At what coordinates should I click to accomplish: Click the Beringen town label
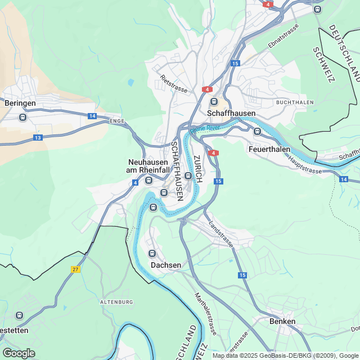coord(20,103)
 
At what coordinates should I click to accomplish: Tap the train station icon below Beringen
coord(22,117)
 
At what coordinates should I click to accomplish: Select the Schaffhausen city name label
coord(231,113)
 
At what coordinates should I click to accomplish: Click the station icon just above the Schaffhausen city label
coord(214,102)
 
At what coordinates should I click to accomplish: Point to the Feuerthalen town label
coord(269,149)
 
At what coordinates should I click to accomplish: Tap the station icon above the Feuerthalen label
coord(257,132)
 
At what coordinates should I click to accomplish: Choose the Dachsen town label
coord(166,265)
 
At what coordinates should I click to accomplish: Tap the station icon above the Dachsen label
coord(152,253)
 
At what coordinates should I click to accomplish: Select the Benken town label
coord(282,321)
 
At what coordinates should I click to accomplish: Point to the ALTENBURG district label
coord(116,302)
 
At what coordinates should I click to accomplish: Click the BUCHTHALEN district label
coord(295,103)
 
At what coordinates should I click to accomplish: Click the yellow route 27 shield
coord(76,269)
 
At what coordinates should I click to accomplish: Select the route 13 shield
coord(38,137)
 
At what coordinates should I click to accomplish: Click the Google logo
coord(19,353)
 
